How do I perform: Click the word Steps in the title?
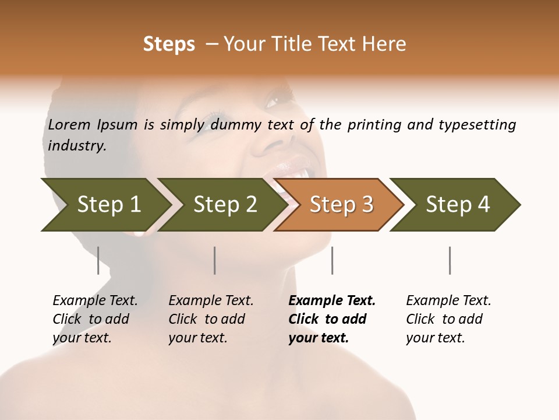[x=169, y=44]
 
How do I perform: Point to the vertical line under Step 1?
[x=98, y=260]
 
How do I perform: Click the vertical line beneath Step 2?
[x=215, y=260]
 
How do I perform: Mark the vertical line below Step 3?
[x=332, y=260]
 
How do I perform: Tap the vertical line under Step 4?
[x=450, y=260]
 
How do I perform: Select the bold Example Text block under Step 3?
[x=332, y=319]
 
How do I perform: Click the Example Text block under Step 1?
[x=95, y=319]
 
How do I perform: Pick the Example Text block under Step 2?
[x=211, y=319]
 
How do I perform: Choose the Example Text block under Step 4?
[x=448, y=319]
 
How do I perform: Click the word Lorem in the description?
[x=69, y=124]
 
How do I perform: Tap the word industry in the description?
[x=77, y=145]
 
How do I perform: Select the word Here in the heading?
[x=385, y=44]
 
